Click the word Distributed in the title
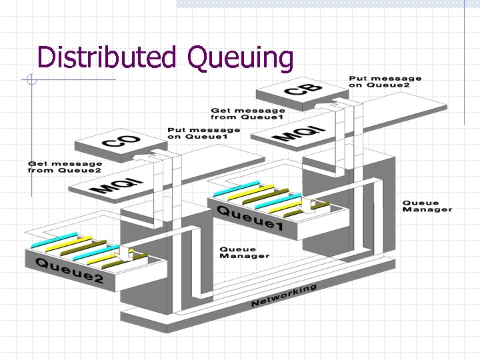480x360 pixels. (106, 58)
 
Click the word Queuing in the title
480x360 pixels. (240, 59)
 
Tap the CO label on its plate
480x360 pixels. (121, 140)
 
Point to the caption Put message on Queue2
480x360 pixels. (385, 82)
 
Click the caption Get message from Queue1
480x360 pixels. (248, 114)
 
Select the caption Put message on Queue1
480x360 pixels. (203, 133)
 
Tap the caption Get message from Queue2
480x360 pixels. (65, 167)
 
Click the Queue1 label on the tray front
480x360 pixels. (249, 219)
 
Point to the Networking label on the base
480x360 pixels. (283, 296)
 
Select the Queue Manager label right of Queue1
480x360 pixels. (427, 206)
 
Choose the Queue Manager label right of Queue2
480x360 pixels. (245, 253)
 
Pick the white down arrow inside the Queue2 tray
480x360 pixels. (124, 253)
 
